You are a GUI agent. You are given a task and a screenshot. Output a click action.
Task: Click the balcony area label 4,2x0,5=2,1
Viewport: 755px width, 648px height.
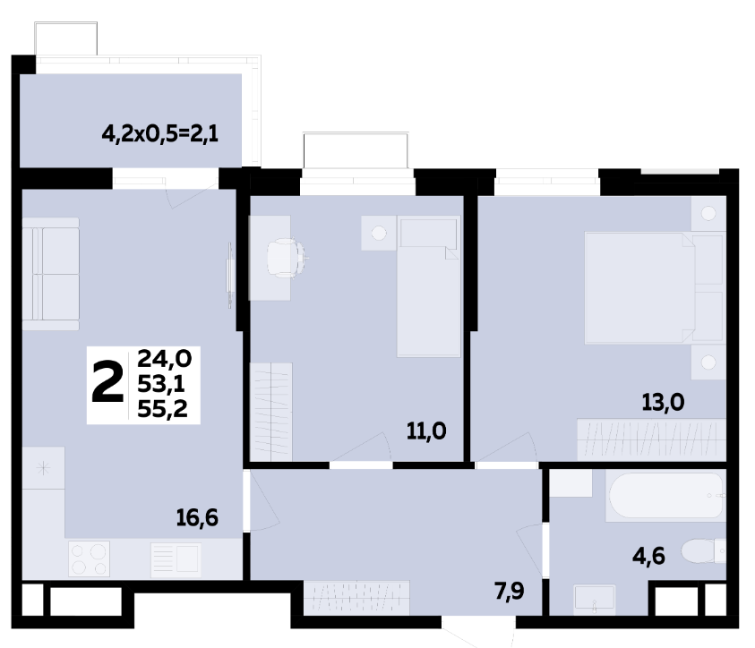tap(159, 133)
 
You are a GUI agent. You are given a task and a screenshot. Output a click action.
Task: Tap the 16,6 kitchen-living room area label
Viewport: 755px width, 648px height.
tap(197, 518)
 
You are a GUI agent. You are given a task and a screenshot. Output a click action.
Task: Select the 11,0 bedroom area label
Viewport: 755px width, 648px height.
tap(426, 431)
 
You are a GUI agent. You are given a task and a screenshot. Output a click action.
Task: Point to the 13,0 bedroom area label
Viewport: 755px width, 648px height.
tap(663, 402)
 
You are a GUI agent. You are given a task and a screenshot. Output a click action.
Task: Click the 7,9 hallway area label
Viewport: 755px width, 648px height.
tap(510, 591)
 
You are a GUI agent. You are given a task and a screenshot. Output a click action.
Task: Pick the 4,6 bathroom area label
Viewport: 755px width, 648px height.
tap(648, 557)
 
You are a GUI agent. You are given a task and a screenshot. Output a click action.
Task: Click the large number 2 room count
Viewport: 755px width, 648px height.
tap(107, 382)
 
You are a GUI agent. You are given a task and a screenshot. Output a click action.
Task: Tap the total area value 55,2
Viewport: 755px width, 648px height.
tap(162, 409)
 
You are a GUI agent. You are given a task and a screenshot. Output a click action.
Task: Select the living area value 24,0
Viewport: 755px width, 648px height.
tap(165, 358)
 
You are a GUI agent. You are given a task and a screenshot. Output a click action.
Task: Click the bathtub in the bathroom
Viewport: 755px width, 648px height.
tap(666, 496)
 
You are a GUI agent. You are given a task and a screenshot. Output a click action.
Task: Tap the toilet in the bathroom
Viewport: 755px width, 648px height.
tap(703, 551)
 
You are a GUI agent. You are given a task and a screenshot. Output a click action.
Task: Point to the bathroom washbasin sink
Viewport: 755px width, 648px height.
tap(595, 600)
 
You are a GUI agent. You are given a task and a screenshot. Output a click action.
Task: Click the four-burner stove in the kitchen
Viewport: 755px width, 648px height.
tap(89, 558)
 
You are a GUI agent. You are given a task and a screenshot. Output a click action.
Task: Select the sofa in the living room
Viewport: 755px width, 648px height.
tap(50, 274)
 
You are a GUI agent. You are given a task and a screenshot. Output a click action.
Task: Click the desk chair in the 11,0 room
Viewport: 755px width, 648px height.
tap(287, 258)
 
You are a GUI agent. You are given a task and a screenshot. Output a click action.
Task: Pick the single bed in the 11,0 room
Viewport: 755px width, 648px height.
tap(428, 287)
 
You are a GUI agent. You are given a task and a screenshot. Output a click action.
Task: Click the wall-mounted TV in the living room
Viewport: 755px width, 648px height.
tap(229, 275)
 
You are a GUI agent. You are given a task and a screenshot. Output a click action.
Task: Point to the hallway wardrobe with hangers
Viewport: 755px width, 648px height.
tap(356, 598)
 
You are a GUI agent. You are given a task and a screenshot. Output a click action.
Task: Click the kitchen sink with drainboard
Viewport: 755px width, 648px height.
tap(176, 559)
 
